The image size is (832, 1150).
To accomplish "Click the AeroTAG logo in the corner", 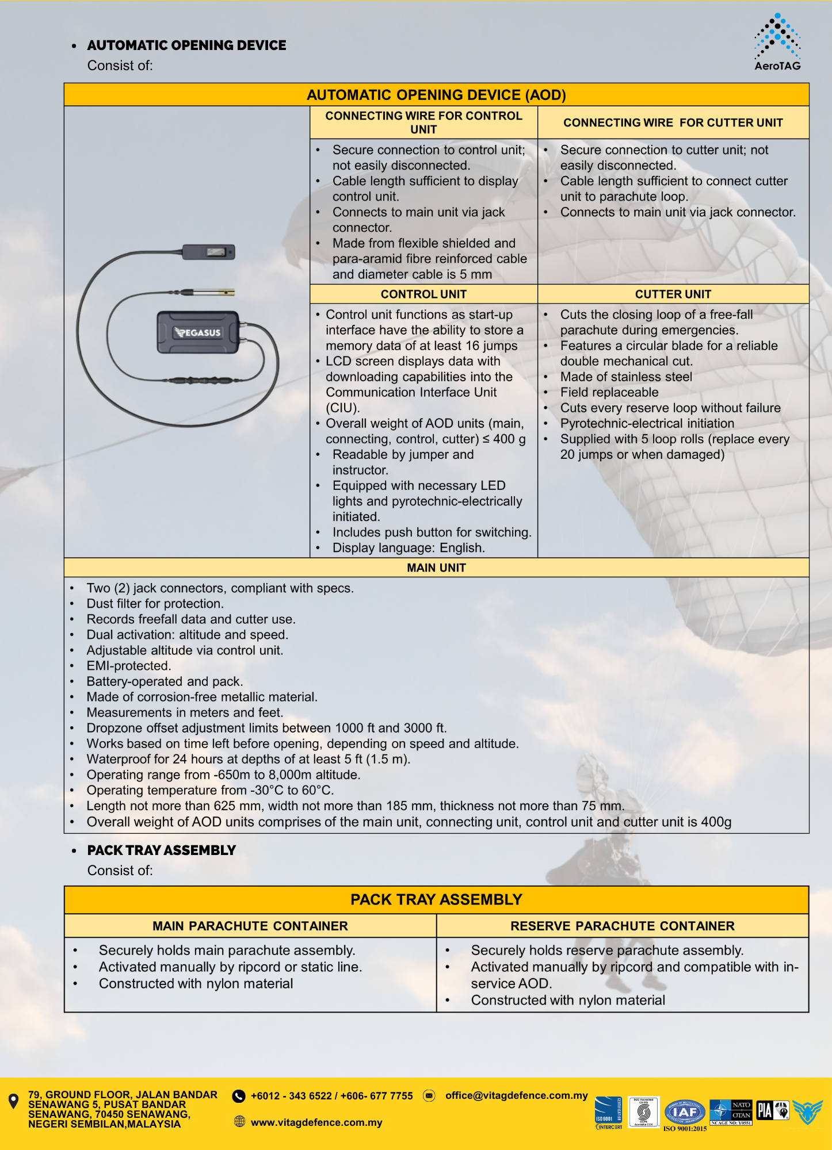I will [777, 43].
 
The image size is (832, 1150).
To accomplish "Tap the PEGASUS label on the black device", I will [198, 332].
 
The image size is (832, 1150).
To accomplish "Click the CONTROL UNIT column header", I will [423, 294].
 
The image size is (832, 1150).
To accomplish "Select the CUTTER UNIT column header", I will [673, 294].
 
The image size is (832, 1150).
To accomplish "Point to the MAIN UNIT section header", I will [436, 568].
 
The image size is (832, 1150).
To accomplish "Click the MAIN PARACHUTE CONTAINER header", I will [250, 926].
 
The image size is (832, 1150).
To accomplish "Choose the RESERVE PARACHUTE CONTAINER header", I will [622, 926].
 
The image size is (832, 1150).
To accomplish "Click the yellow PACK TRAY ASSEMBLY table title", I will [436, 900].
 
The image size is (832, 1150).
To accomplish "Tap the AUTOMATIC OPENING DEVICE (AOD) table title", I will [436, 95].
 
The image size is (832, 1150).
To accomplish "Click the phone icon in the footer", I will [238, 1096].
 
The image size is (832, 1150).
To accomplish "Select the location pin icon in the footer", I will [14, 1101].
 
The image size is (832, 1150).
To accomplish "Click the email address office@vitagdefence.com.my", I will [516, 1096].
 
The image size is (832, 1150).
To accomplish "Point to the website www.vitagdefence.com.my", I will [316, 1122].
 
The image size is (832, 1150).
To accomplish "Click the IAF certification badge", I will [684, 1112].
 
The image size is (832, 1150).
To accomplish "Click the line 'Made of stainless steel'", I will [626, 377].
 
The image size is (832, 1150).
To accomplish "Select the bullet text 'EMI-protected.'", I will [129, 666].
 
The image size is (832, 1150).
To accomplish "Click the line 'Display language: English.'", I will [409, 548].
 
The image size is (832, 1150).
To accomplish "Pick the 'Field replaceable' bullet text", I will [609, 393].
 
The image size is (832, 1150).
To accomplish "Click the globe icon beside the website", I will [240, 1121].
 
